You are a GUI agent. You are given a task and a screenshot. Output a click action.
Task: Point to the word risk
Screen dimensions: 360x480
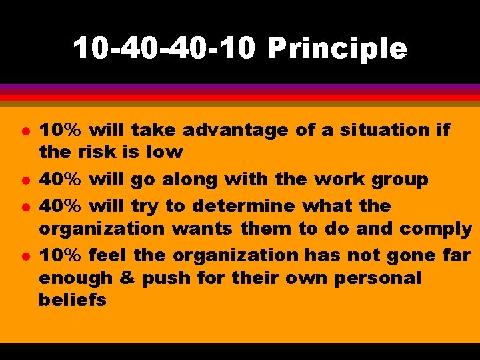pyautogui.click(x=101, y=152)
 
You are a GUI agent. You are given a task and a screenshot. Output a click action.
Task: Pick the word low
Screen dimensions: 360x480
pyautogui.click(x=164, y=152)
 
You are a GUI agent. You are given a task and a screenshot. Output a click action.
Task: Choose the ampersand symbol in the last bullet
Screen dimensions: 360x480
pyautogui.click(x=127, y=278)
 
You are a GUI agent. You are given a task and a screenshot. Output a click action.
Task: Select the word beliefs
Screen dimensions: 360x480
pyautogui.click(x=72, y=301)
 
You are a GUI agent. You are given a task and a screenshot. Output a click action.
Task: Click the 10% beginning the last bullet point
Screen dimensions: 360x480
pyautogui.click(x=60, y=255)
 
